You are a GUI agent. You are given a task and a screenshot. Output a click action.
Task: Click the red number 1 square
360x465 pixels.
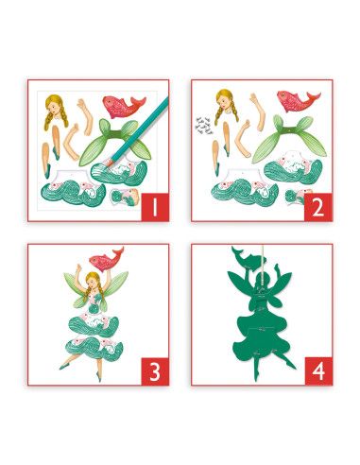point(155,207)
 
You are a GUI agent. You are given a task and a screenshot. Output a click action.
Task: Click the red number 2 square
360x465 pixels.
point(318,207)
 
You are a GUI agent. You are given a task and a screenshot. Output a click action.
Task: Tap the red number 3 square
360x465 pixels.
point(155,371)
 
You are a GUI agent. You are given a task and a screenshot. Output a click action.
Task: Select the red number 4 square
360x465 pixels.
point(318,371)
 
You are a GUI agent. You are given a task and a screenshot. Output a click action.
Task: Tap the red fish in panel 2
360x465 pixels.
point(297,100)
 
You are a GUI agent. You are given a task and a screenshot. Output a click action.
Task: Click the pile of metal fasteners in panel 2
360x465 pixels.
point(203,125)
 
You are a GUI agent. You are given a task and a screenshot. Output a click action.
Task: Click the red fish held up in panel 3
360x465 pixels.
point(106,258)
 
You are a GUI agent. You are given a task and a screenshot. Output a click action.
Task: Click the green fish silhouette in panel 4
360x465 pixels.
point(249,257)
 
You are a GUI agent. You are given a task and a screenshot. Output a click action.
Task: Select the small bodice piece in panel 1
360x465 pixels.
point(126,197)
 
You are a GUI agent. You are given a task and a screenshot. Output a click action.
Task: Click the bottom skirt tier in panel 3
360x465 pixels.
point(94,349)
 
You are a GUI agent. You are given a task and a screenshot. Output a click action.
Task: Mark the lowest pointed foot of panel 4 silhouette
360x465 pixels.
point(258,382)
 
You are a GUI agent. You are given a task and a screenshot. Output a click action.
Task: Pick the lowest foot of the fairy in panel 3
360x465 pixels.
point(99,378)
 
